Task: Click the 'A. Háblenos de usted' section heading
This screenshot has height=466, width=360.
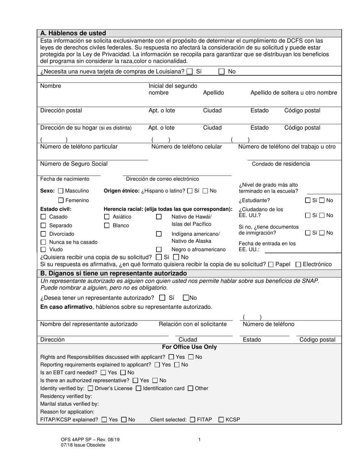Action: pos(73,33)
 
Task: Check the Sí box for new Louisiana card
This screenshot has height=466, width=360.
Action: pos(190,72)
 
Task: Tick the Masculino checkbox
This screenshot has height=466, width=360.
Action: pos(61,191)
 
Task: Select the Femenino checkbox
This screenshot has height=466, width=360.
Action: pos(61,200)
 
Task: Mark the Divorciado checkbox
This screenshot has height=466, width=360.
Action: pos(43,234)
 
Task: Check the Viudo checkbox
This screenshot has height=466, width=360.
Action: pos(43,250)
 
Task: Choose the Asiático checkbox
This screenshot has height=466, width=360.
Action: pos(106,217)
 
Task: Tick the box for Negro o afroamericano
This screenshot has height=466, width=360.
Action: pos(159,250)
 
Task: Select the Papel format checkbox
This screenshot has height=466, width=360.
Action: pos(271,264)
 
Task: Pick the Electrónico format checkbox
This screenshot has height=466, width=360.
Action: pos(298,264)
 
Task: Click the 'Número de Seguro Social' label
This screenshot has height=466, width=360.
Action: pos(74,164)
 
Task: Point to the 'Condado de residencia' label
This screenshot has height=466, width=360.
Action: pos(281,164)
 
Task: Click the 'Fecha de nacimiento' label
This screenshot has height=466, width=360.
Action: pos(65,179)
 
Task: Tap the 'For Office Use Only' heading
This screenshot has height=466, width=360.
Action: pos(189,347)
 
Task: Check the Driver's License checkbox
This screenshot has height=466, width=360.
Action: pos(90,388)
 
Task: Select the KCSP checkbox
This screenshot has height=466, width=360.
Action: pos(221,420)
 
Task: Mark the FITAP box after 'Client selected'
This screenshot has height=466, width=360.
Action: pos(193,420)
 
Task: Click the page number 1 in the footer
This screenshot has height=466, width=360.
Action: pos(199,439)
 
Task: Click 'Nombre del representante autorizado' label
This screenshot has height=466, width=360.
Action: pos(89,324)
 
